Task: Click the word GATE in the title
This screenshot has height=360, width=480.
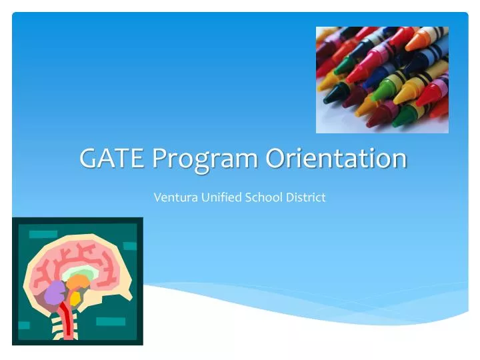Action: (x=113, y=159)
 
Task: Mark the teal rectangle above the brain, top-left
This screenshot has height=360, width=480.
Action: (x=43, y=234)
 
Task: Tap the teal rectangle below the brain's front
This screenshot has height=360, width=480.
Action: (x=110, y=321)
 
